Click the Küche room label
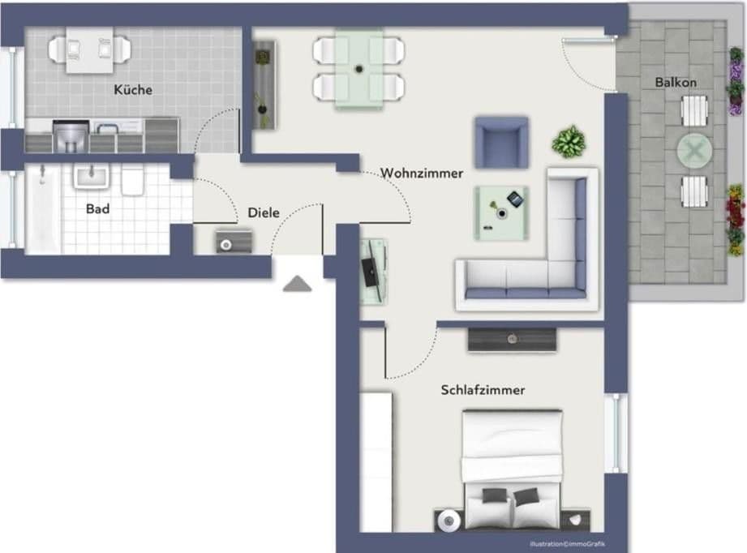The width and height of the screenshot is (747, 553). pos(133,90)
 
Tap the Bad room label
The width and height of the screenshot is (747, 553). pos(97,208)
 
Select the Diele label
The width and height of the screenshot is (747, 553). pos(264,212)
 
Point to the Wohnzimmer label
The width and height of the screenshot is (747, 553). pos(422,173)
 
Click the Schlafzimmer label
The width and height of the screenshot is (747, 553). pos(483,390)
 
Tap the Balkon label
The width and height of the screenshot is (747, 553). pos(676,82)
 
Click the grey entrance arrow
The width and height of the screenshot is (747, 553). pos(298,283)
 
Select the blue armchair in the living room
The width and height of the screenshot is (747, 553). pos(501,142)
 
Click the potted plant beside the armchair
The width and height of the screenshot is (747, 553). pos(569,142)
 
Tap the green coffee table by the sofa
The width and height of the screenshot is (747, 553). pos(501,212)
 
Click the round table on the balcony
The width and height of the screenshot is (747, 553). pos(695,150)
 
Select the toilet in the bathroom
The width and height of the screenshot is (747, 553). pos(132,180)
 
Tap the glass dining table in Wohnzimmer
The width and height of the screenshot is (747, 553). pos(359,68)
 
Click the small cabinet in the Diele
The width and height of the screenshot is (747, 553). pos(234,241)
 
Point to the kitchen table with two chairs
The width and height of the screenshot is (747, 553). pos(90,49)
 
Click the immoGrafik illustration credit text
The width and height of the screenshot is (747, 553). pos(568,543)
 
